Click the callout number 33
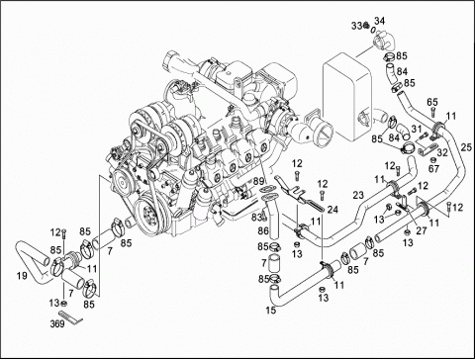[355, 22]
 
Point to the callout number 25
[466, 147]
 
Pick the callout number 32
[442, 153]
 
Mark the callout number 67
[434, 168]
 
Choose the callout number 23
[358, 195]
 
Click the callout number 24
[332, 209]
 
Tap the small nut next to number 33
[368, 22]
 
